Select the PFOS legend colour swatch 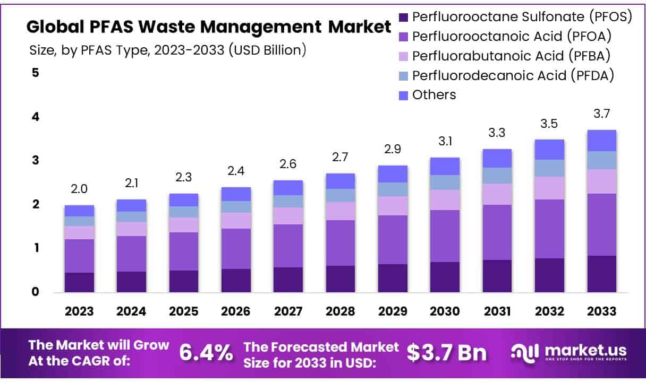click(403, 17)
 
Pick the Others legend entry click(433, 95)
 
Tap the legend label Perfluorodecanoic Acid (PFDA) click(513, 75)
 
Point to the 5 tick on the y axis click(36, 73)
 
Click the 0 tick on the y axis click(36, 292)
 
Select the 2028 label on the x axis click(341, 311)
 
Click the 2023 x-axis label click(79, 311)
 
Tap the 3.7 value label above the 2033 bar click(601, 114)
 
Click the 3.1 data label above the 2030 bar click(445, 142)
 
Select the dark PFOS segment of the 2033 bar click(601, 274)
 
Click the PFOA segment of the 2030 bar click(445, 236)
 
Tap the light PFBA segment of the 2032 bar click(549, 188)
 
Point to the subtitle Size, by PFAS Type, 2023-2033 click(167, 50)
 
